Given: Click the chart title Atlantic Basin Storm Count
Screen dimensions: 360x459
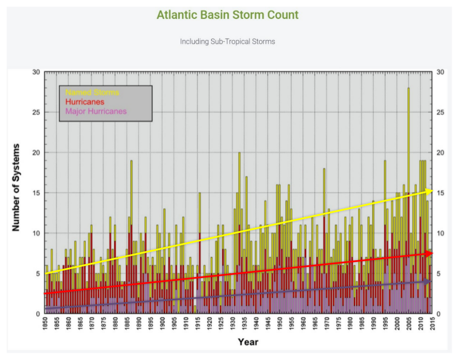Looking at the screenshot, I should (x=227, y=15).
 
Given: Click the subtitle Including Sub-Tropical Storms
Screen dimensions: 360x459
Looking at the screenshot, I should (x=227, y=41).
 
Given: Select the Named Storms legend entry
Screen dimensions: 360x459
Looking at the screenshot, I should (x=92, y=93).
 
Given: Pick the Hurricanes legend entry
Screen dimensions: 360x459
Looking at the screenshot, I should (x=85, y=102).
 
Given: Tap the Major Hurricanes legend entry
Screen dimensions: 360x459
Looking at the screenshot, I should (x=96, y=111).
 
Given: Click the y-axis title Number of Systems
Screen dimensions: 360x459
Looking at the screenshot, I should (x=16, y=187).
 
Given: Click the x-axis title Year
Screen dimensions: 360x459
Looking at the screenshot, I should (x=248, y=342).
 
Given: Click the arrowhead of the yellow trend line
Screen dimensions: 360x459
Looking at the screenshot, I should (x=429, y=191).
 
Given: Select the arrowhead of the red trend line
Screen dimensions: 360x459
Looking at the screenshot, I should (x=429, y=254).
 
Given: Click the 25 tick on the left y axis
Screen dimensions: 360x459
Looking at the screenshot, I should (x=36, y=113).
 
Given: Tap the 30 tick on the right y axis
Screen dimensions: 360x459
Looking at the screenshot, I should (x=441, y=72).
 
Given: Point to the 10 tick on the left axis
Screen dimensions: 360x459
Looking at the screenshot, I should (x=36, y=233).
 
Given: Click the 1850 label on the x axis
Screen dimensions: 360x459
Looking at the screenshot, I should (x=45, y=327).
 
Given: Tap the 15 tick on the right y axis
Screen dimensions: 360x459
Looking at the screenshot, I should (x=441, y=193).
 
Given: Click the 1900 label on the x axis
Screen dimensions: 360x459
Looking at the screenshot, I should (x=163, y=327).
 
